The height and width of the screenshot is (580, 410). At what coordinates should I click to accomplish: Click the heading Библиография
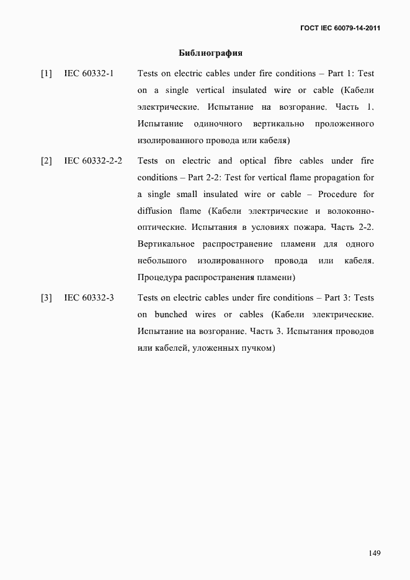tap(210, 53)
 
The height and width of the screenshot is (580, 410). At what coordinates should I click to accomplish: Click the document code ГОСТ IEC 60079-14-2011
tap(340, 28)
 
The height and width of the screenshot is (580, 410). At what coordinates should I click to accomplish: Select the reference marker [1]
tap(47, 74)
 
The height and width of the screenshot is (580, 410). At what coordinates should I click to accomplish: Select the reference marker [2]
tap(47, 161)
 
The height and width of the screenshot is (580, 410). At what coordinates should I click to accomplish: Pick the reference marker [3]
tap(47, 298)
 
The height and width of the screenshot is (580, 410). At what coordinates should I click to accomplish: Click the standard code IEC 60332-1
tap(89, 74)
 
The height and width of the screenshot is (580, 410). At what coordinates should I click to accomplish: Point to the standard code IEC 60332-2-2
tap(93, 161)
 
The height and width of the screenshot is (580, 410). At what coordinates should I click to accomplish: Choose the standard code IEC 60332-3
tap(89, 298)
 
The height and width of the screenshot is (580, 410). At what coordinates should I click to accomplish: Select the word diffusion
tap(154, 211)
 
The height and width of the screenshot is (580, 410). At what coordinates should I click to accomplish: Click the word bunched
tap(171, 315)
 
